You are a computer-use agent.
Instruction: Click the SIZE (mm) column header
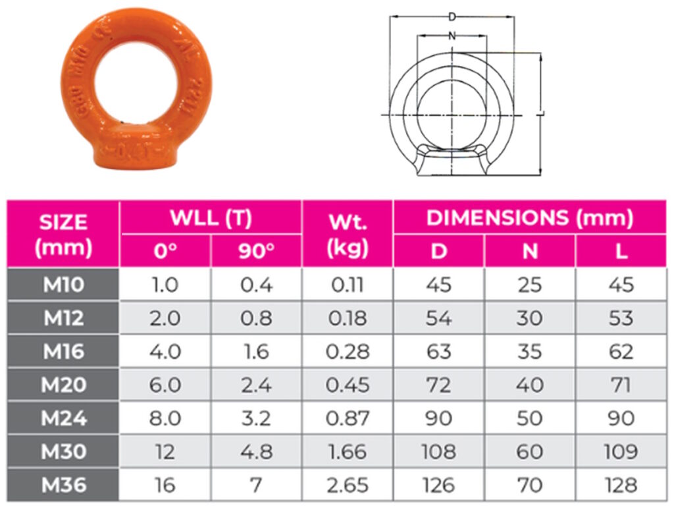point(63,235)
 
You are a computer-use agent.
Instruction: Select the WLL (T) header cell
point(211,217)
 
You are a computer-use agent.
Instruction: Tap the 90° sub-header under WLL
point(256,252)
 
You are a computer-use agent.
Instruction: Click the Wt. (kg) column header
point(348,235)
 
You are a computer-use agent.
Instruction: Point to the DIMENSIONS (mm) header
point(530,217)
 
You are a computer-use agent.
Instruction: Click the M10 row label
point(63,285)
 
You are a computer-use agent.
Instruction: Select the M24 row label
point(63,418)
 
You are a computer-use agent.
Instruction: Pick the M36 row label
point(63,486)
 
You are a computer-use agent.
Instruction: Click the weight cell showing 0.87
point(348,418)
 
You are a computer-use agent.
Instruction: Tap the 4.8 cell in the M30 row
point(256,452)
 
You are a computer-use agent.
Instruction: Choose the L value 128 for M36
point(621,486)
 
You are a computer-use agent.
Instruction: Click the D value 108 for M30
point(438,452)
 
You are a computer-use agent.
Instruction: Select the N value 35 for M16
point(530,352)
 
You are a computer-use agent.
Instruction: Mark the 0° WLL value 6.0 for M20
point(165,385)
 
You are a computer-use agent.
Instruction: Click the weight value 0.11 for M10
point(348,285)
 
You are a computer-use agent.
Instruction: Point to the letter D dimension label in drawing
point(452,16)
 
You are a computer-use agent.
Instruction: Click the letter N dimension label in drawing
point(452,37)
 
